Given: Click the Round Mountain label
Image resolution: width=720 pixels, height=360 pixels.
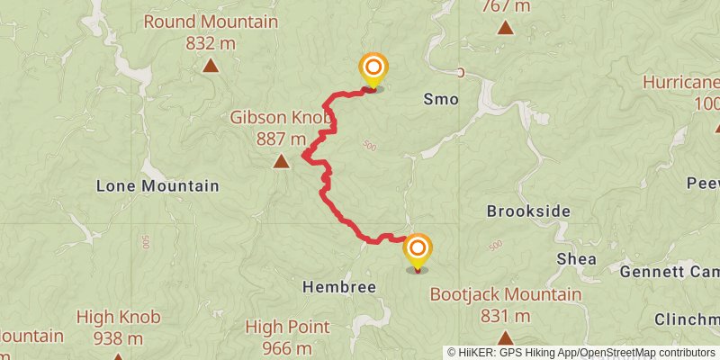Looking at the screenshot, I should click(x=211, y=22).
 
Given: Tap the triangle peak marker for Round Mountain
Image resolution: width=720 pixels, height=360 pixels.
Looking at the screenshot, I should click(x=211, y=65).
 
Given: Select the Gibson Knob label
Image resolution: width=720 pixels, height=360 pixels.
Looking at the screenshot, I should click(x=282, y=118).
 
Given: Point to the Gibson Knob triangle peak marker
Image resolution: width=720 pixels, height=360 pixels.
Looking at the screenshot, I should click(x=281, y=162).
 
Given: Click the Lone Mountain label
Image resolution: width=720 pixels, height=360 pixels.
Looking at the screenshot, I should click(x=157, y=186).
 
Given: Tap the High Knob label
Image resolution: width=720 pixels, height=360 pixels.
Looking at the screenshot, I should click(x=119, y=317).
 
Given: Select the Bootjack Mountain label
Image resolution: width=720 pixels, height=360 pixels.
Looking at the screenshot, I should click(x=505, y=294).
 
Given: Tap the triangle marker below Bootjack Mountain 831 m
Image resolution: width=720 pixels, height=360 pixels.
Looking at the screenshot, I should click(x=505, y=338).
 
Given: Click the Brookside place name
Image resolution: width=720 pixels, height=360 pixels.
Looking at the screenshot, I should click(x=529, y=211).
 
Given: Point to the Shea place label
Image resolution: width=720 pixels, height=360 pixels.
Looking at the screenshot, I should click(x=577, y=258).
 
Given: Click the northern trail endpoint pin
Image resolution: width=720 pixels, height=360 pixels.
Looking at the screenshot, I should click(x=373, y=69).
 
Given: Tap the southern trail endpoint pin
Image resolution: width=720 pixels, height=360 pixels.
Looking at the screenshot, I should click(x=417, y=250).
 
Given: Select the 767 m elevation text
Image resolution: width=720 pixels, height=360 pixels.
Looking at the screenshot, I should click(x=505, y=6).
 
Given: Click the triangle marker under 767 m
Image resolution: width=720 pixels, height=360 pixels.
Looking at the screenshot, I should click(x=505, y=28).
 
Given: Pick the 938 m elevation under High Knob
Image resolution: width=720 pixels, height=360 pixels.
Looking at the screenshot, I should click(x=119, y=338).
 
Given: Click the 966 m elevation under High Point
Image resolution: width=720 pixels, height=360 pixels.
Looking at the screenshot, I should click(x=286, y=348).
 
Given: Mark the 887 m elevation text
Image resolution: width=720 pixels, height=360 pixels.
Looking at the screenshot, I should click(x=282, y=139).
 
